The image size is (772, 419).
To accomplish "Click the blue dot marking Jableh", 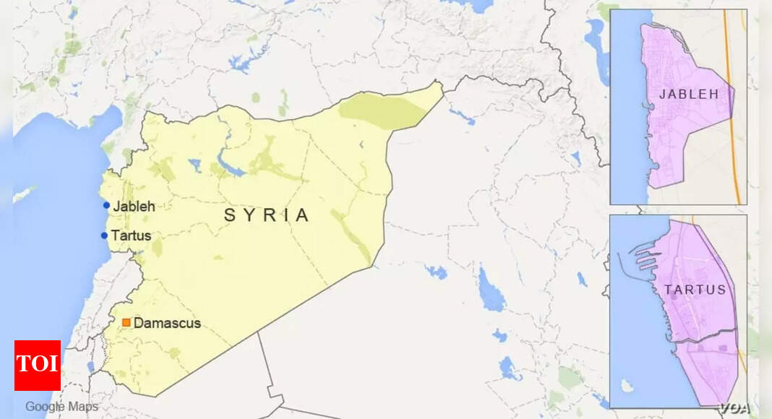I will coord(106,206).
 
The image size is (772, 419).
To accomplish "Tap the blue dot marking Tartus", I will coord(104,236).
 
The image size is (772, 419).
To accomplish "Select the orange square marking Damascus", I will coord(126,323).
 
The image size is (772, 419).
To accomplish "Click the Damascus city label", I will coord(167,323).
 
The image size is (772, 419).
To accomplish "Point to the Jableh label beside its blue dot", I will coord(134,206).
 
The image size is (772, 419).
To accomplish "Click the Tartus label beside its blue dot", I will coord(131,236).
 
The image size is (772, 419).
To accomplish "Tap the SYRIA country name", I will coord(267,215).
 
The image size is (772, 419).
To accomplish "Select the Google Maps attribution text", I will coord(61,407).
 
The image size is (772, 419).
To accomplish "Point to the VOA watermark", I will coord(734,407).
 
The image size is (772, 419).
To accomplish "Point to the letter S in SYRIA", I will coord(229,215).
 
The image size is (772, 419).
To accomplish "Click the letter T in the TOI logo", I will coord(23,364).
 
